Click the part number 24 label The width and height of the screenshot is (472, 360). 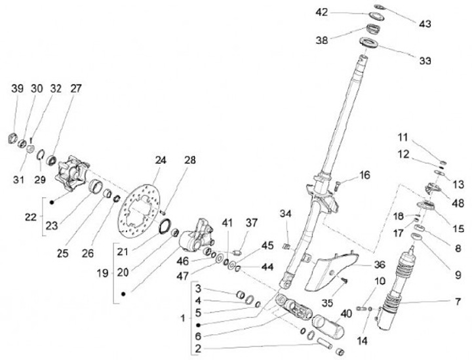(x=161, y=160)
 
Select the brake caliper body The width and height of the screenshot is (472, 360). (x=195, y=235)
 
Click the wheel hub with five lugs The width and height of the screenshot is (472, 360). (x=72, y=172)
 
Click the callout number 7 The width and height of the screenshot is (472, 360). (x=458, y=301)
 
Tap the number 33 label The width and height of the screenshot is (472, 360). (x=425, y=61)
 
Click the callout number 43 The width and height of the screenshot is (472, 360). (x=425, y=24)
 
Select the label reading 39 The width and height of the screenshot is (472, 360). (x=18, y=89)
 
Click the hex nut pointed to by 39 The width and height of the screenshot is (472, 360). (x=12, y=139)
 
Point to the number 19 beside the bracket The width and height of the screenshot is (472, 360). (x=102, y=273)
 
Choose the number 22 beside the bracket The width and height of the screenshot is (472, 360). (x=31, y=217)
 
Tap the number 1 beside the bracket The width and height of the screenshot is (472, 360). (x=183, y=318)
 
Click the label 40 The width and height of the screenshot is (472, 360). (x=346, y=313)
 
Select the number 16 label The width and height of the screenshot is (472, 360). (x=364, y=175)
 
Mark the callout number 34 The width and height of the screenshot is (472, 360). (x=286, y=214)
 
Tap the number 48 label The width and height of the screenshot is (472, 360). (x=458, y=203)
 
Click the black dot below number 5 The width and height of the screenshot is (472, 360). (x=199, y=325)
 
